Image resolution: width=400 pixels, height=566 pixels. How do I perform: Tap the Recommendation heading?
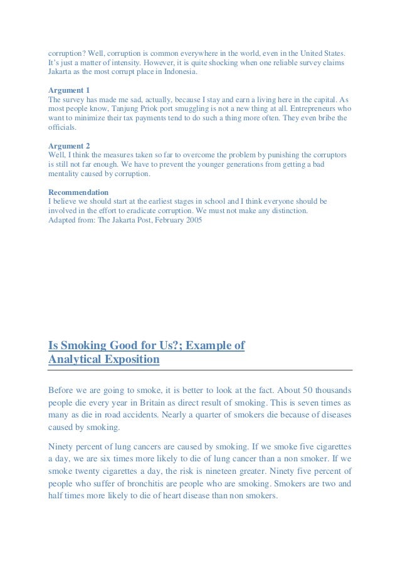coord(78,192)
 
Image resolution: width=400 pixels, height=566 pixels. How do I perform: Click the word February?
coord(161,220)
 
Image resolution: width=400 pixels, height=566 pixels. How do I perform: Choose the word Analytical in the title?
coord(85,360)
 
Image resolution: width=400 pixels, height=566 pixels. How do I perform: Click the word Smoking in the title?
coord(84,345)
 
